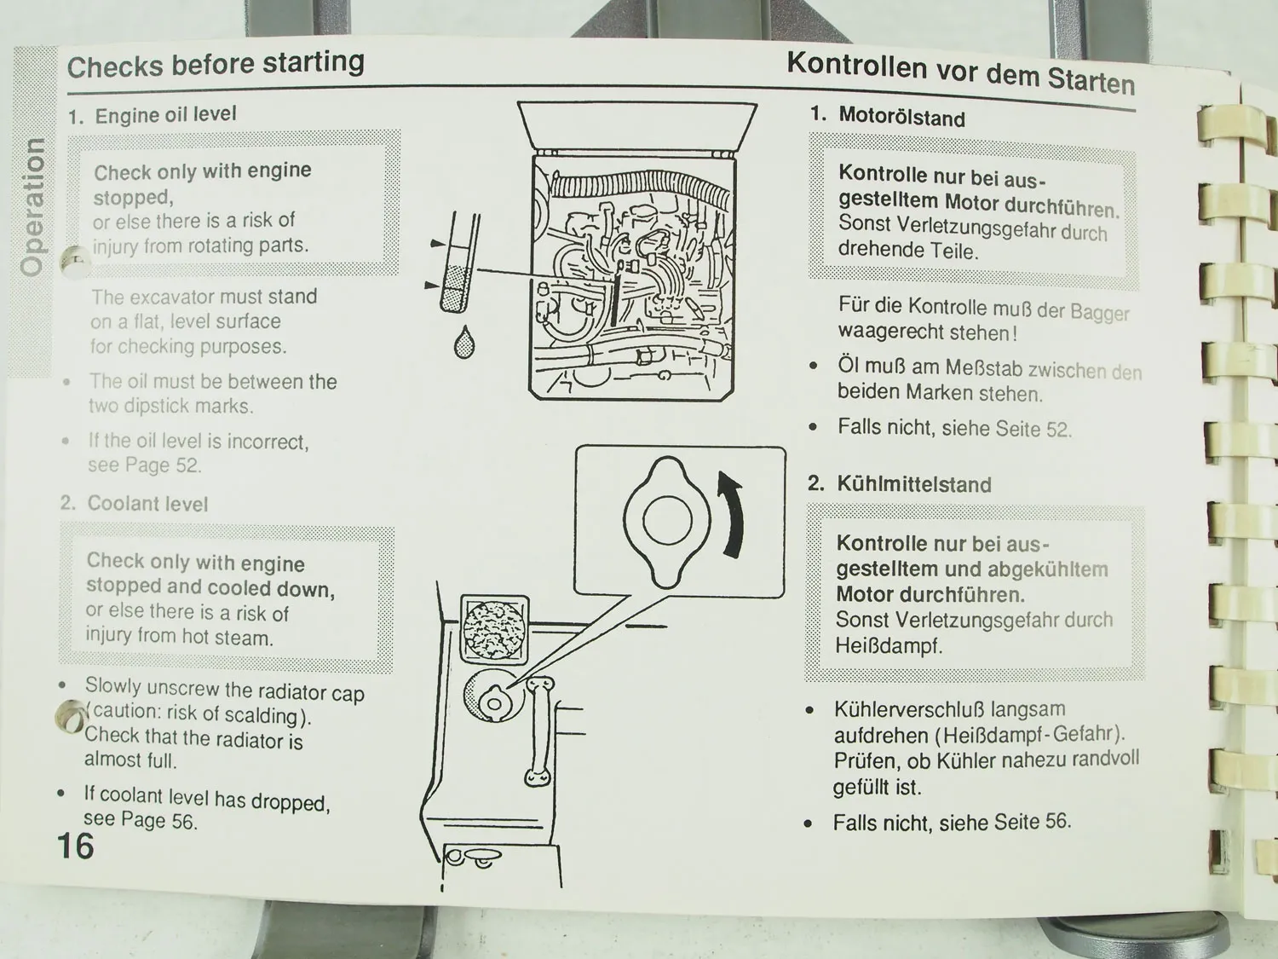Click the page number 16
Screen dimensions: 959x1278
pos(75,846)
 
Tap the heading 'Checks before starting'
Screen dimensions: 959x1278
pos(216,64)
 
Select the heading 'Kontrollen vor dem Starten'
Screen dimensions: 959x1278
pos(960,72)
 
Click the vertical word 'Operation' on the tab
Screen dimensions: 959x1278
pos(32,207)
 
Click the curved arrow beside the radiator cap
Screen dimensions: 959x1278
pos(731,516)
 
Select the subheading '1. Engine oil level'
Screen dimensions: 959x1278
pos(153,115)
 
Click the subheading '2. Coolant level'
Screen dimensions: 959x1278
pos(135,504)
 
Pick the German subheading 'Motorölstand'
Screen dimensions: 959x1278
pos(901,117)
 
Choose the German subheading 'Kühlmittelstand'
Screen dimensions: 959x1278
pos(913,484)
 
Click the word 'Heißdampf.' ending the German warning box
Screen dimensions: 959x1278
pos(889,646)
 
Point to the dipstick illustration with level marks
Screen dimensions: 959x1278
pos(460,264)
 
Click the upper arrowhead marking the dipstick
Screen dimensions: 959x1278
pos(437,244)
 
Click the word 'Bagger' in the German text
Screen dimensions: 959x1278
pos(1099,312)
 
